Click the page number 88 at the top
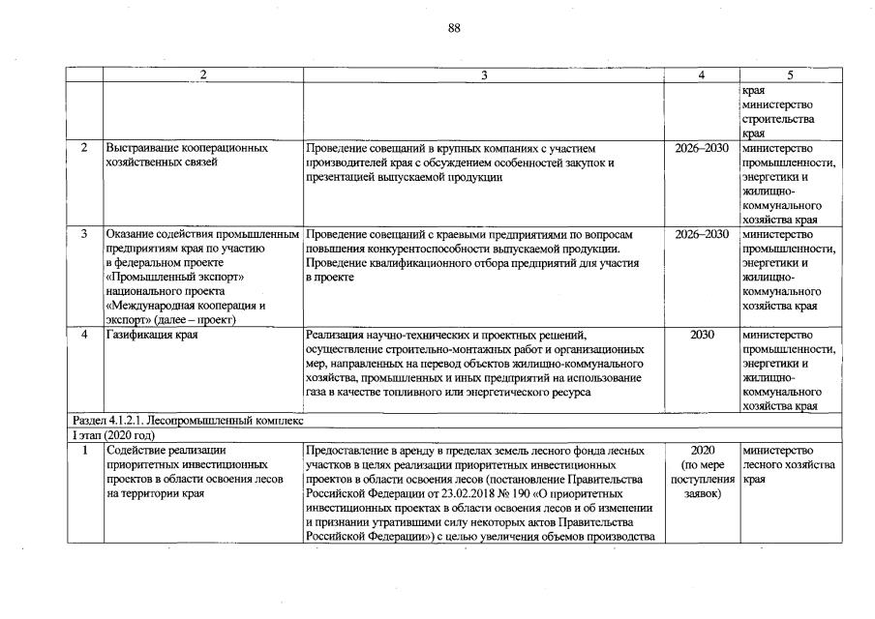pyautogui.click(x=454, y=28)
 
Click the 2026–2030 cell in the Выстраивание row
pyautogui.click(x=702, y=149)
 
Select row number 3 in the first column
pyautogui.click(x=84, y=235)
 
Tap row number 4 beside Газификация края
pyautogui.click(x=84, y=335)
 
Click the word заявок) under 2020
pyautogui.click(x=702, y=494)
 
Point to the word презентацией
pyautogui.click(x=344, y=177)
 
